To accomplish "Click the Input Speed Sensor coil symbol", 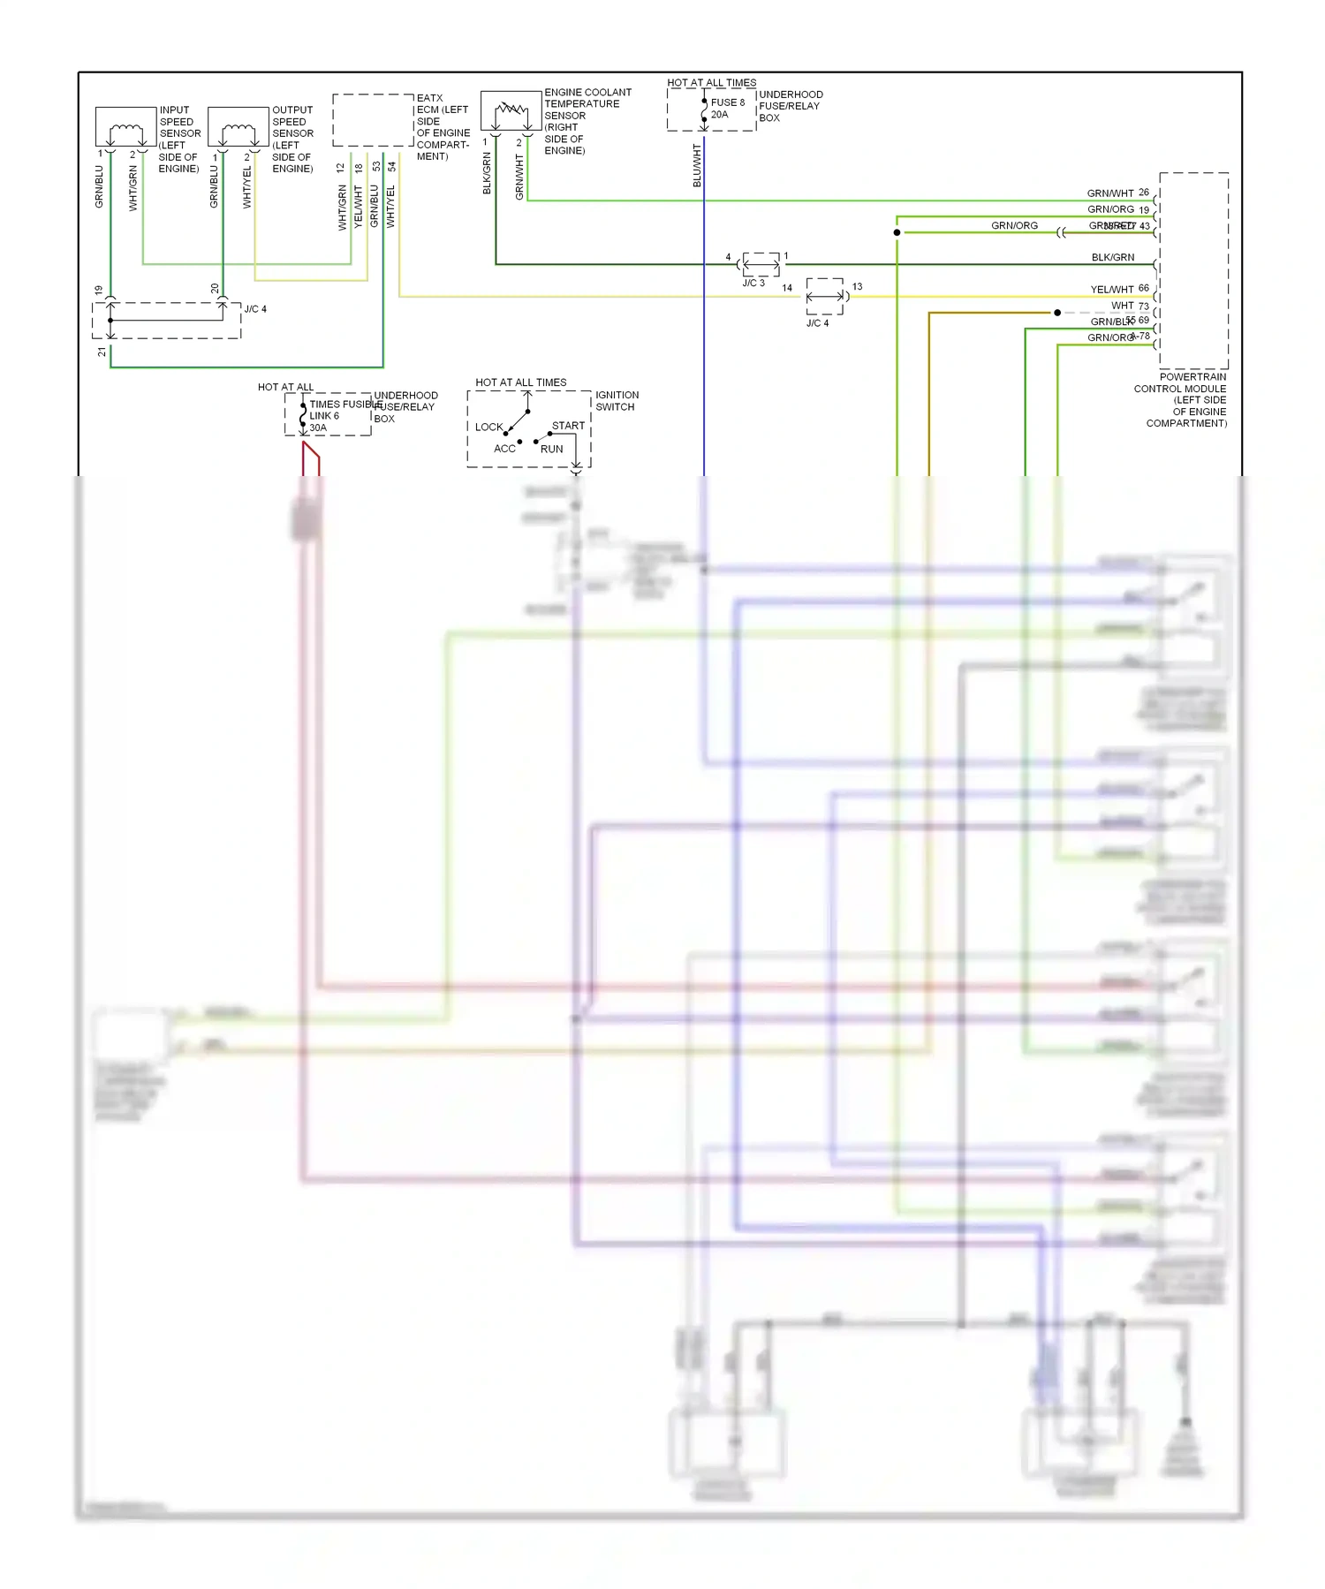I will point(125,133).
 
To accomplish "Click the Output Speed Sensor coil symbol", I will point(238,133).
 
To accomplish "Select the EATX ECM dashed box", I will point(373,120).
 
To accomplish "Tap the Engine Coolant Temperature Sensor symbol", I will point(511,111).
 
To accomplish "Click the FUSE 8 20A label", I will point(727,108).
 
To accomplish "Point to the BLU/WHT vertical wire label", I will point(697,165).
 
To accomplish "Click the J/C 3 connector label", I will point(753,283).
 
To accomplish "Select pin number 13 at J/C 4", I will point(857,286).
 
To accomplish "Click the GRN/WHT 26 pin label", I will point(1117,193).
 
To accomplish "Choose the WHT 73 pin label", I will point(1130,306).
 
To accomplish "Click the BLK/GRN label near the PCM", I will point(1112,257).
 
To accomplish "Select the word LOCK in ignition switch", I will point(488,427).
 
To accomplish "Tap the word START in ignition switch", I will point(568,426).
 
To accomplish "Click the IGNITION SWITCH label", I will point(617,401).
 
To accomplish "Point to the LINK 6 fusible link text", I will point(323,416).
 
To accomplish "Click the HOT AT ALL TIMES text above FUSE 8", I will point(711,82).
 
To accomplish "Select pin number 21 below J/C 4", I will point(102,352).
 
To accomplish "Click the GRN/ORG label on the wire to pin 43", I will point(1014,225).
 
